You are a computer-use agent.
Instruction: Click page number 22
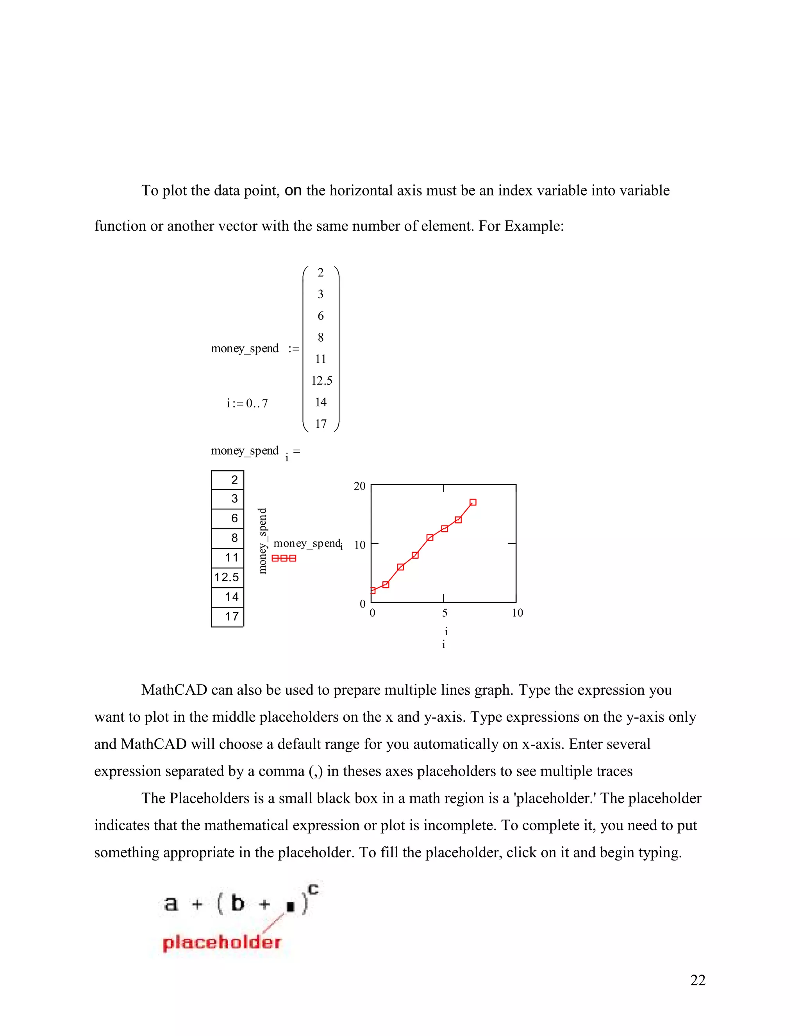(698, 980)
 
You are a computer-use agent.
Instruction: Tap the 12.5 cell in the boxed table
(227, 577)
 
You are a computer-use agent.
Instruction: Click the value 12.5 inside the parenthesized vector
(322, 381)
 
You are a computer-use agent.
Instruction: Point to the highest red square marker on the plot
(473, 502)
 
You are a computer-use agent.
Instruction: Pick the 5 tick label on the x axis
(445, 613)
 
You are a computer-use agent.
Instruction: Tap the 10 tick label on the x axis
(517, 613)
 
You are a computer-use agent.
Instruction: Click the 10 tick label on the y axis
(360, 545)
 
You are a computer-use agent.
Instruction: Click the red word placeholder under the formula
(222, 942)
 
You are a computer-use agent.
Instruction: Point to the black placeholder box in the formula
(291, 907)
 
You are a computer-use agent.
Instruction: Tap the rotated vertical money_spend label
(262, 541)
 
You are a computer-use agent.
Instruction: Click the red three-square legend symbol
(284, 558)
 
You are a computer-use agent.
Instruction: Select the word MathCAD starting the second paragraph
(174, 690)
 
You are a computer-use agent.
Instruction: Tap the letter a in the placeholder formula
(171, 903)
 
